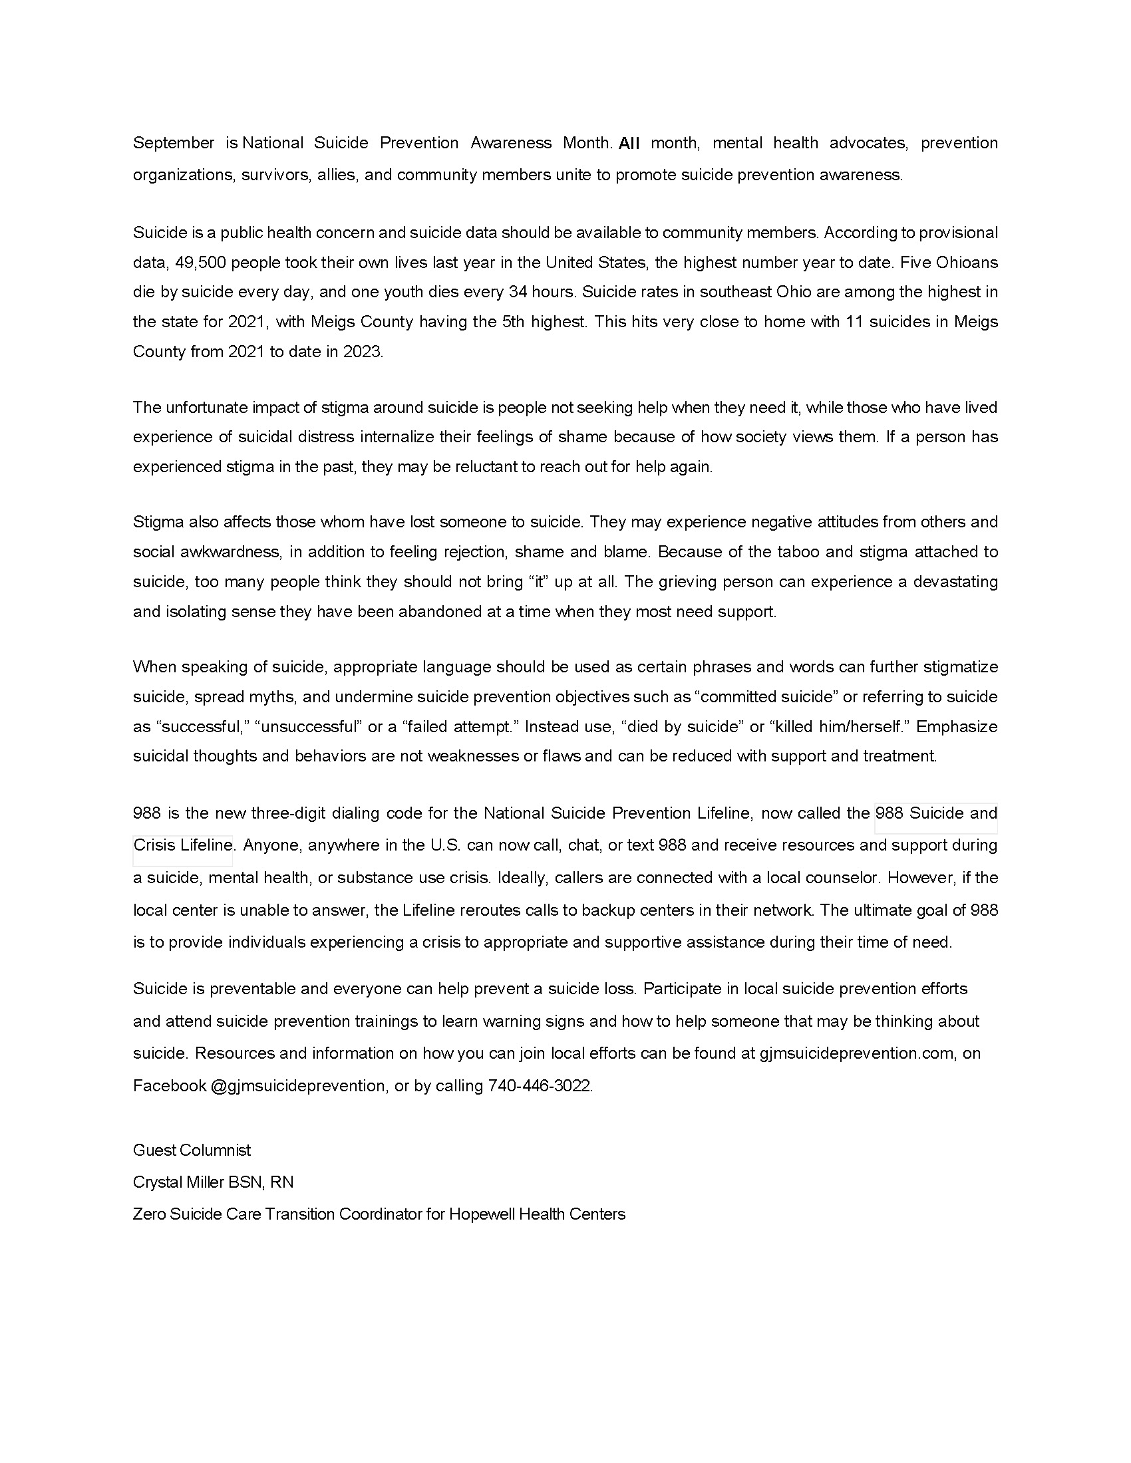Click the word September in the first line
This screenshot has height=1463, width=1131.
174,143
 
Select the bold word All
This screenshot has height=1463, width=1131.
629,143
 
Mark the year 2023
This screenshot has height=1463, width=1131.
362,352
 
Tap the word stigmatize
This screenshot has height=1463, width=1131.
960,667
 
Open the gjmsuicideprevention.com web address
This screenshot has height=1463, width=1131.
856,1053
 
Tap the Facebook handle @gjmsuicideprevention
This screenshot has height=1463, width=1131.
298,1086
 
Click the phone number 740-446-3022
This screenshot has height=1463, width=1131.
540,1086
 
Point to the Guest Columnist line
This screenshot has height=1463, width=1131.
192,1150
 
